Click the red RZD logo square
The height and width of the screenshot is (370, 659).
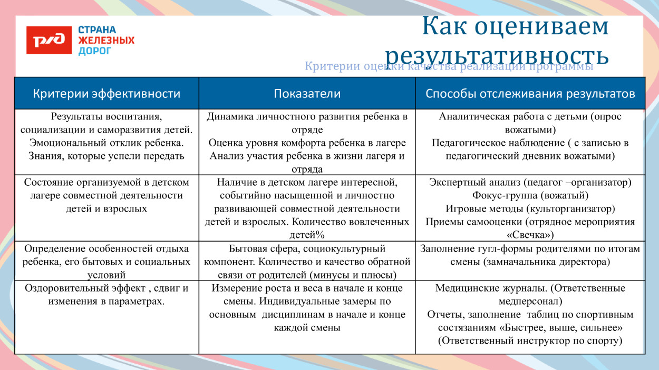tap(49, 41)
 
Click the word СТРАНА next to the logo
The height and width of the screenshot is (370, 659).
tap(97, 30)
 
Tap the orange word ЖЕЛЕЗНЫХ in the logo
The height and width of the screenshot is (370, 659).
tap(106, 41)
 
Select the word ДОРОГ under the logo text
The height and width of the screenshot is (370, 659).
tap(95, 51)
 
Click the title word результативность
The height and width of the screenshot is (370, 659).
tap(497, 55)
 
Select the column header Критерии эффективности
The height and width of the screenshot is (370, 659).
tap(106, 94)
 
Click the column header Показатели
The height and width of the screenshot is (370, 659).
tap(307, 94)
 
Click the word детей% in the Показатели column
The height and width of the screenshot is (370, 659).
tap(307, 235)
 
